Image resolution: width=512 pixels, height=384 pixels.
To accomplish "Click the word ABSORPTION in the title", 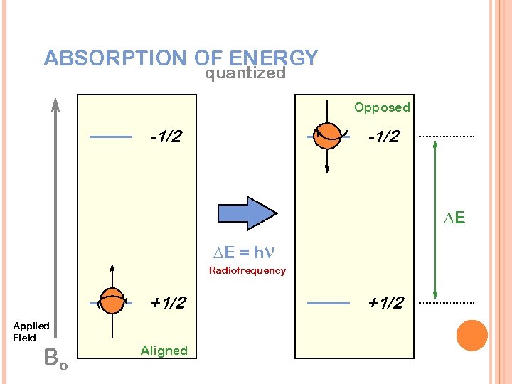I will (114, 58).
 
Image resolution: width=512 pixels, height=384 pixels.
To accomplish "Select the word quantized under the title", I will (245, 73).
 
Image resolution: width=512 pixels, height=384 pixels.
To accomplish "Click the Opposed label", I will (382, 107).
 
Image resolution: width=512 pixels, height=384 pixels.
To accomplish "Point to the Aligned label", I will (164, 350).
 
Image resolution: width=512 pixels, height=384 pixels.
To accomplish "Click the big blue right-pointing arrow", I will (246, 213).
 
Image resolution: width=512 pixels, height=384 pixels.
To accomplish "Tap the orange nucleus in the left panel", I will (111, 302).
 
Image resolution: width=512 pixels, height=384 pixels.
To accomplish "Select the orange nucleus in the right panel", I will (328, 135).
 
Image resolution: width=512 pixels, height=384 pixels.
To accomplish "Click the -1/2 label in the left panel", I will (166, 136).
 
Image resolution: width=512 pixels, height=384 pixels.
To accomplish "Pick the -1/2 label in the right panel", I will (385, 136).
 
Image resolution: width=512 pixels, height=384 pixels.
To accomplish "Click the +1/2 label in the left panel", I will (169, 303).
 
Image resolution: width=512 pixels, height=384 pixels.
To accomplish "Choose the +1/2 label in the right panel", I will (385, 303).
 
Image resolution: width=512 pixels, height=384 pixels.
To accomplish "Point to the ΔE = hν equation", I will (245, 252).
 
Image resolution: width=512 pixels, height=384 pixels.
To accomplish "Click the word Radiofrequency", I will (247, 270).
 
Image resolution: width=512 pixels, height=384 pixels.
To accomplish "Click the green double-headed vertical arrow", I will (434, 218).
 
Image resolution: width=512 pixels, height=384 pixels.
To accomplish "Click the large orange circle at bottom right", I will (471, 336).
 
